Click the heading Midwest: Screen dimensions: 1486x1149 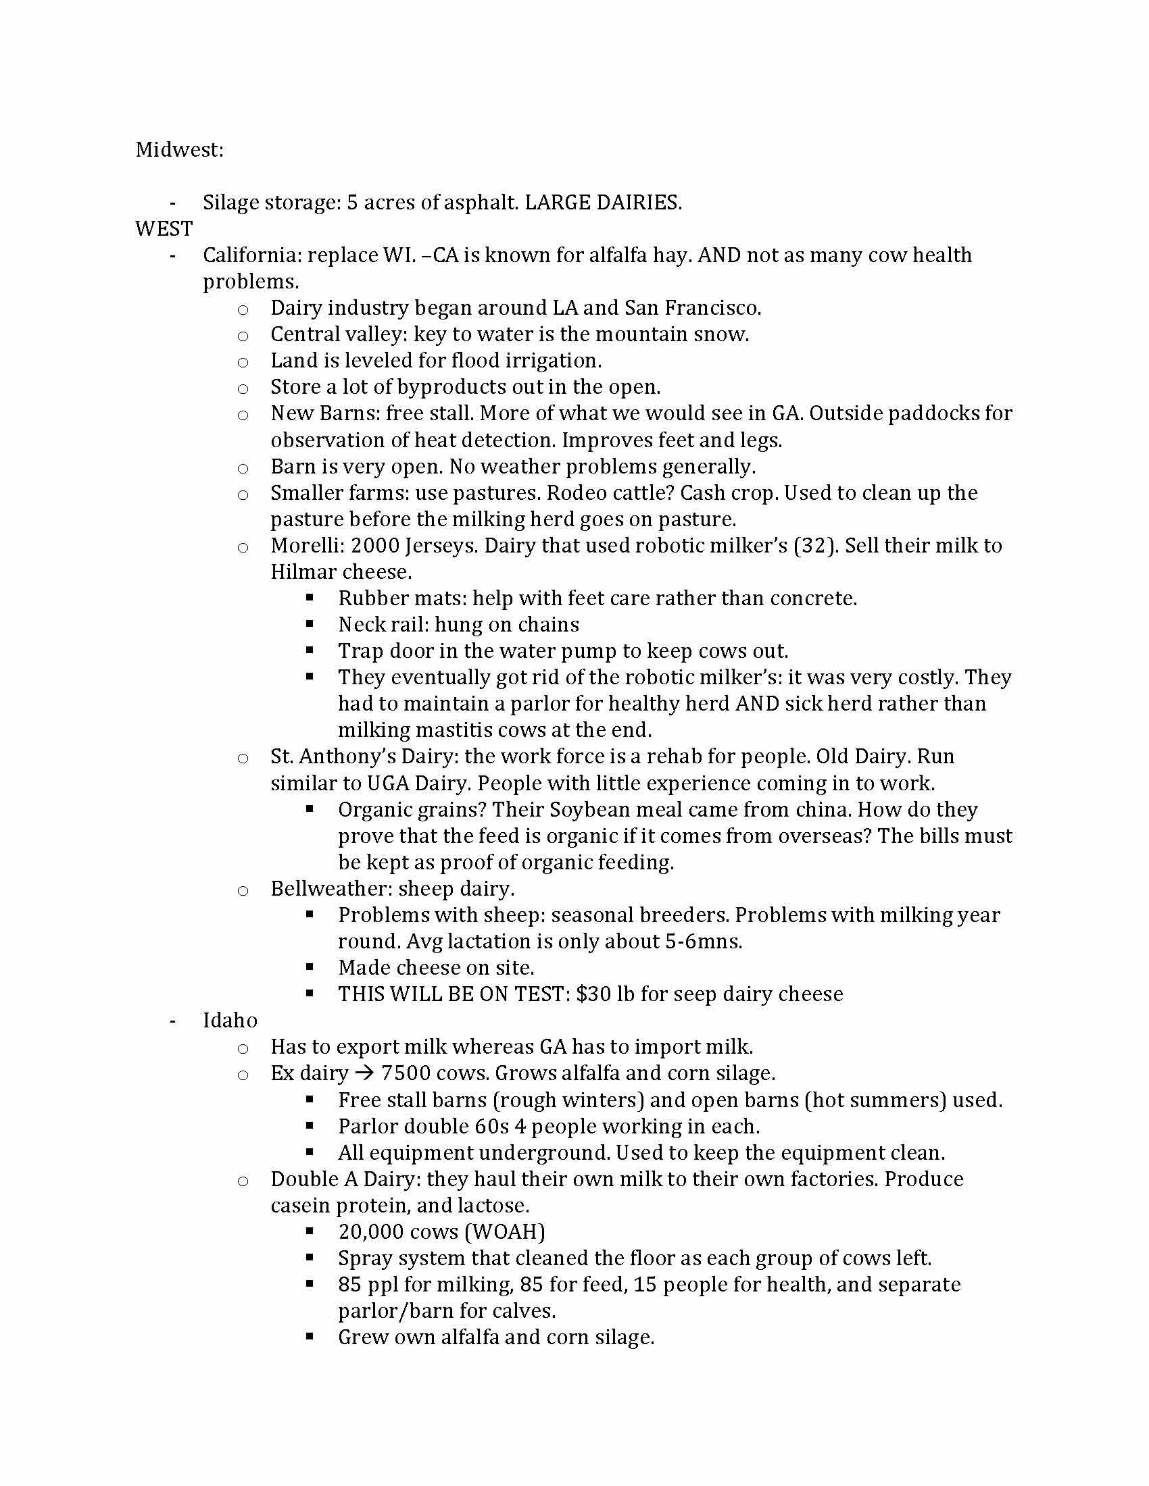(x=179, y=150)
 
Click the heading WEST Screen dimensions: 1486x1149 (x=164, y=228)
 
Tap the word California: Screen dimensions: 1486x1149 (x=252, y=255)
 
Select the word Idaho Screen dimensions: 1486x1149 (x=230, y=1021)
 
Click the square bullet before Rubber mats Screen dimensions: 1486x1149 (x=310, y=598)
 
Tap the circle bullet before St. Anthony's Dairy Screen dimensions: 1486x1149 (x=243, y=758)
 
